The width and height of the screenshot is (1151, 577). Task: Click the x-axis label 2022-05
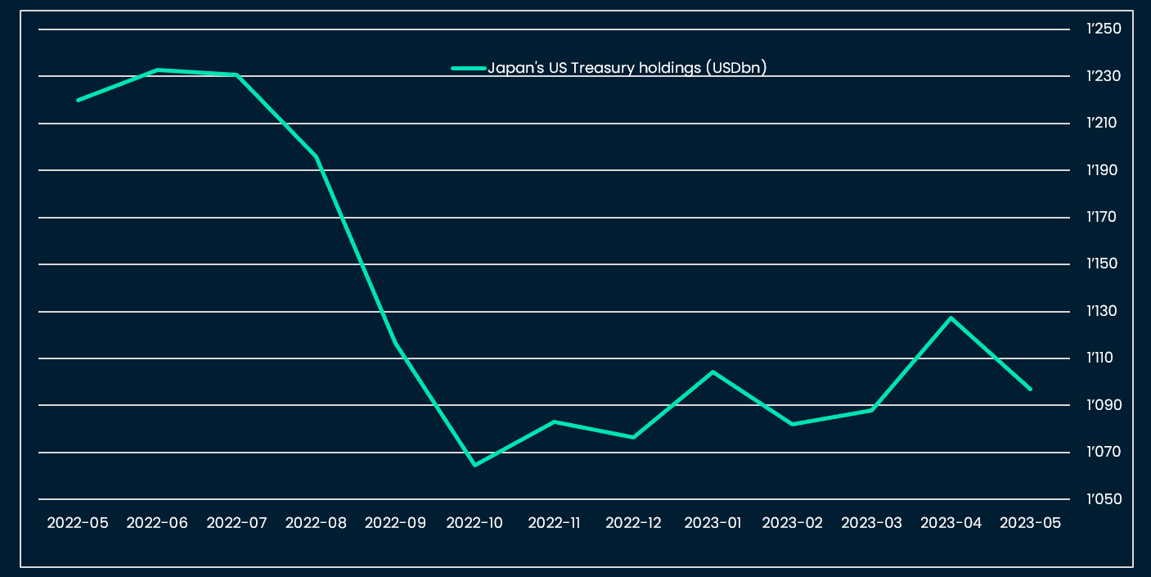click(x=78, y=523)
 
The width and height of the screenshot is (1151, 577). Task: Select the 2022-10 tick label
click(x=474, y=523)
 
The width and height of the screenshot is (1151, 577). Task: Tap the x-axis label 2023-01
click(x=713, y=523)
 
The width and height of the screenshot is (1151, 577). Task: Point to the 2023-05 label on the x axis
click(x=1030, y=523)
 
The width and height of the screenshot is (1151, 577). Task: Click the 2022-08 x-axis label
click(x=316, y=523)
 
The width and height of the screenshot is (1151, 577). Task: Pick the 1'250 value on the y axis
click(x=1104, y=29)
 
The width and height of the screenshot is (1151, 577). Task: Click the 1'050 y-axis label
click(x=1104, y=499)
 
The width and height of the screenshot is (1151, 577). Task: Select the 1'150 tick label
click(x=1104, y=264)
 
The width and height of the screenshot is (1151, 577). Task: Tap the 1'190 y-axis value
click(x=1104, y=170)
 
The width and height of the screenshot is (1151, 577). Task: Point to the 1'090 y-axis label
click(x=1104, y=405)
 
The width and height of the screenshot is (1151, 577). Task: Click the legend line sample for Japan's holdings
click(x=469, y=69)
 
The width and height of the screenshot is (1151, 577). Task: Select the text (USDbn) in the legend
click(x=736, y=69)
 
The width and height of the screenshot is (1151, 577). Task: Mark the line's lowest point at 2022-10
click(x=474, y=465)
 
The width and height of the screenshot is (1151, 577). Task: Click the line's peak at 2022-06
click(x=157, y=70)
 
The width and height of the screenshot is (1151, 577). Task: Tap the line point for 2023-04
click(x=951, y=318)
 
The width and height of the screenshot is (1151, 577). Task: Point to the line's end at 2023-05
click(x=1030, y=389)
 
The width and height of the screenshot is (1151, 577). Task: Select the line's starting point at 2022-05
click(x=78, y=100)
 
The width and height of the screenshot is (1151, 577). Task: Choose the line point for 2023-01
click(x=713, y=372)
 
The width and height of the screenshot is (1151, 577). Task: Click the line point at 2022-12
click(x=633, y=437)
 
